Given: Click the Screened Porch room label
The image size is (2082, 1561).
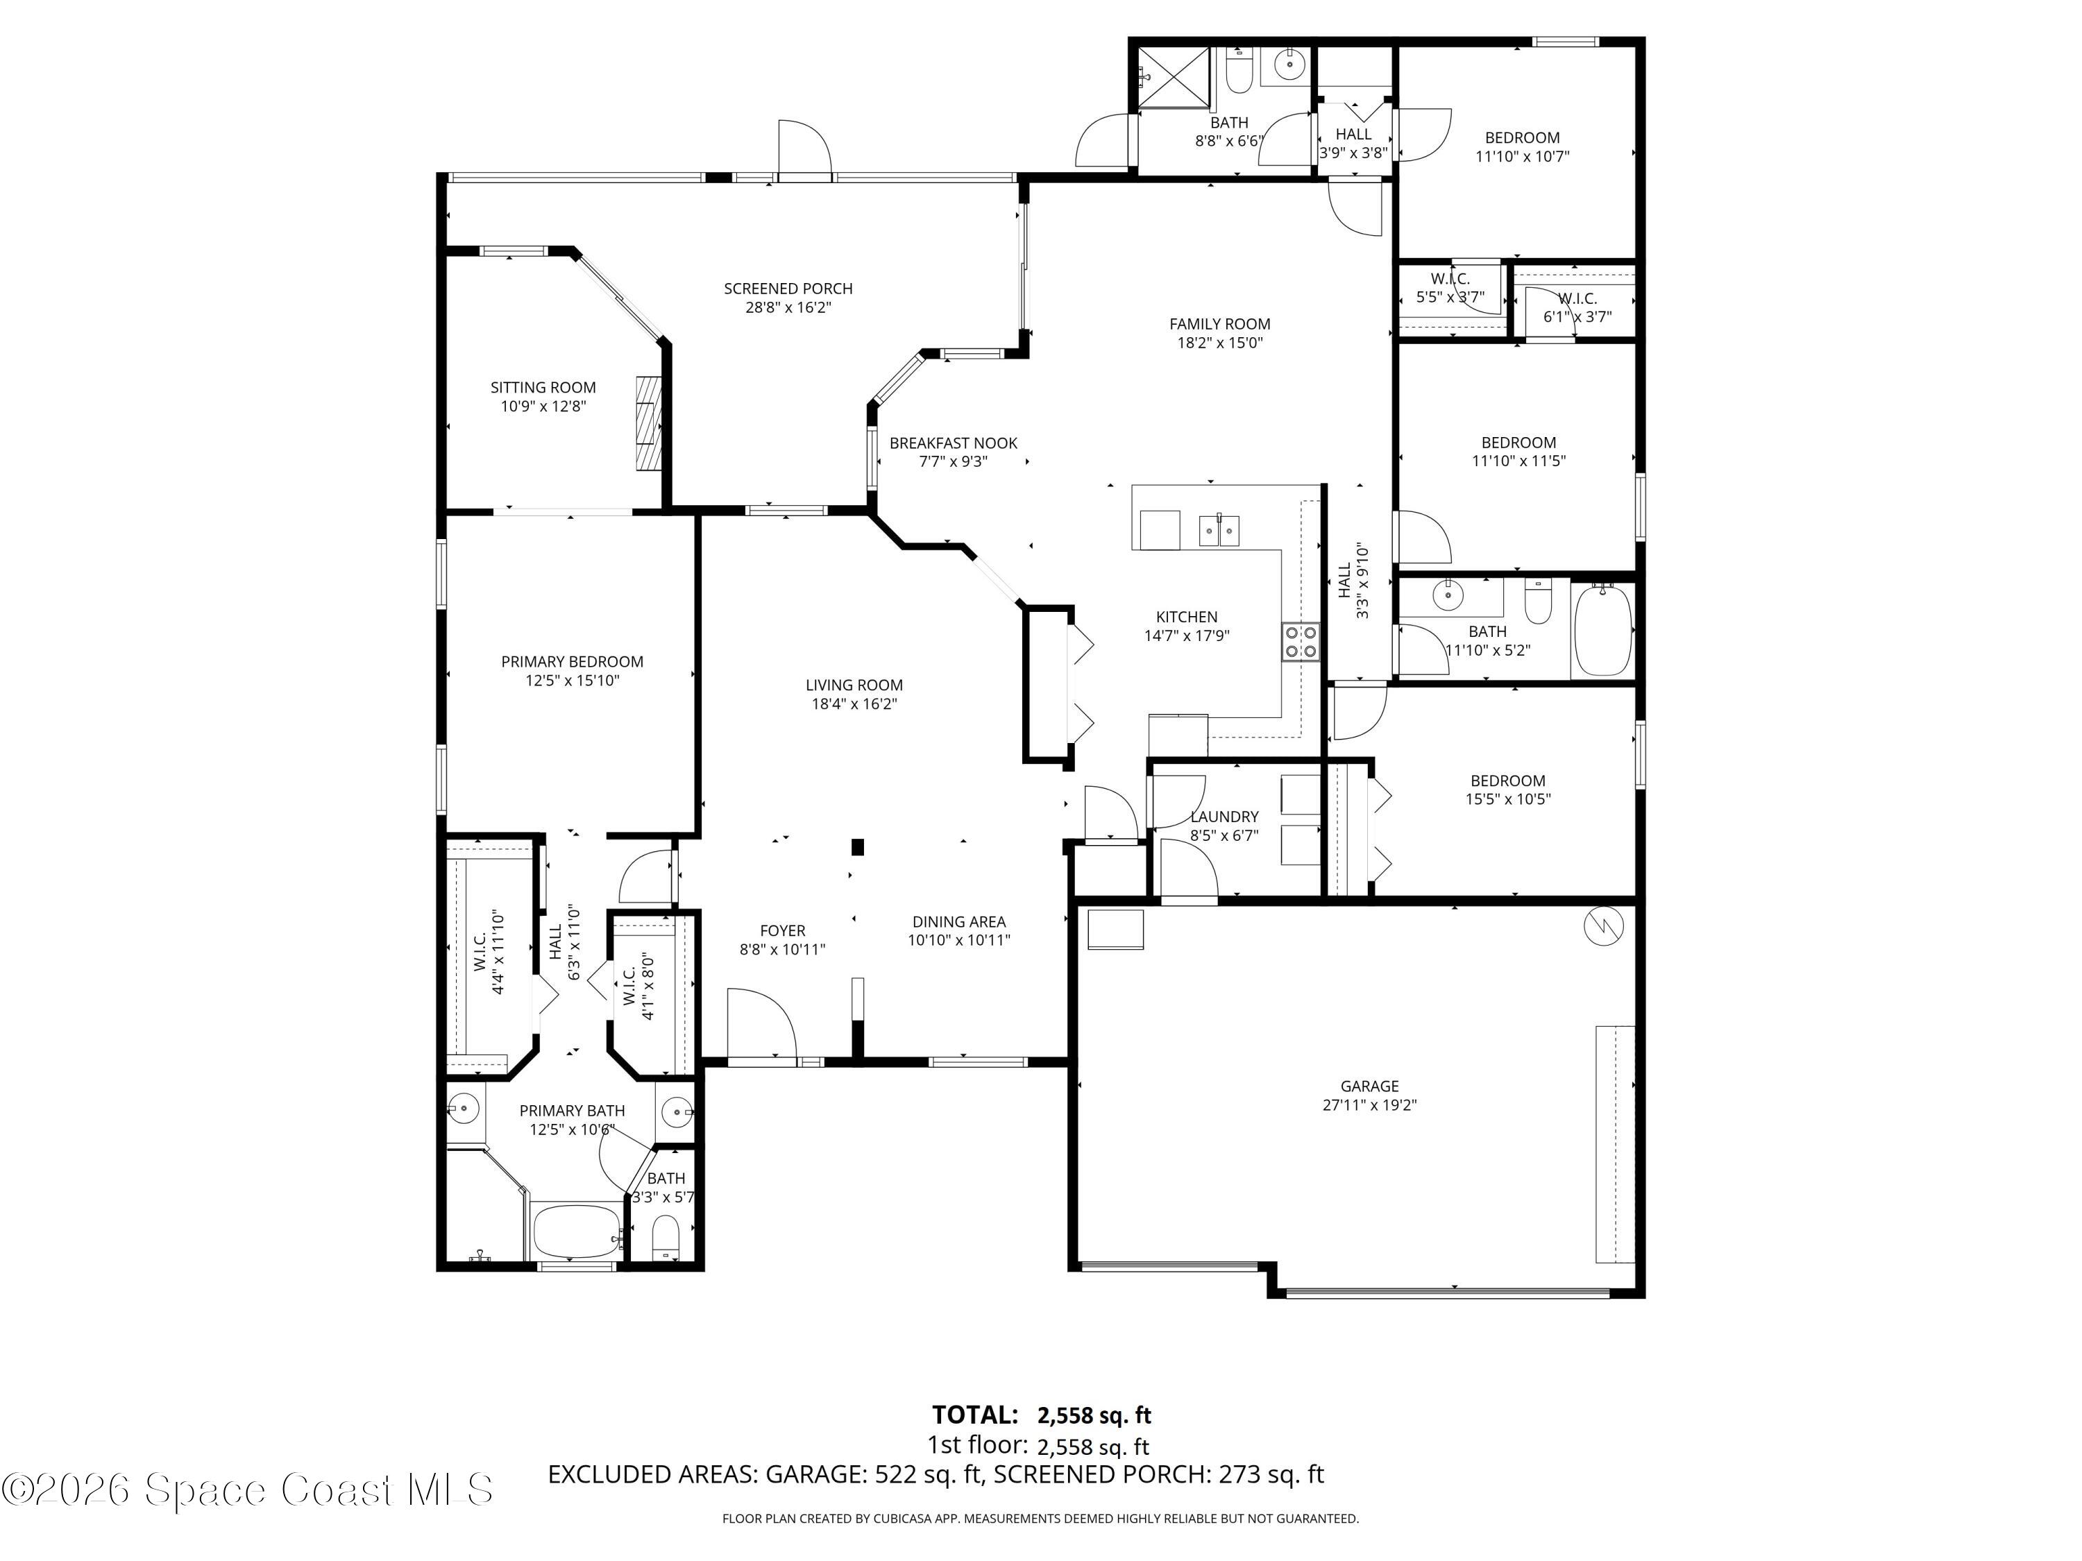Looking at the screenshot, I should tap(788, 289).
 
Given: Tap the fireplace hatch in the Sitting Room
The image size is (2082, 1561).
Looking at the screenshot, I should tap(648, 423).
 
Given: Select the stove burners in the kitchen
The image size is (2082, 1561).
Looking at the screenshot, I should tap(1301, 642).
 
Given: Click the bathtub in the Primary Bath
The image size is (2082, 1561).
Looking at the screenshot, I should tap(575, 1231).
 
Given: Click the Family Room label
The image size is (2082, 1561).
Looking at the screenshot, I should tap(1220, 324).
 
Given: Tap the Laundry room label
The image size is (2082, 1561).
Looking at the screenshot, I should tap(1224, 817).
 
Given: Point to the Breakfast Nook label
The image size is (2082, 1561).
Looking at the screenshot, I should tap(954, 443).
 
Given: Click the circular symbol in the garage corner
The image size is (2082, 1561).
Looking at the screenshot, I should tap(1604, 927).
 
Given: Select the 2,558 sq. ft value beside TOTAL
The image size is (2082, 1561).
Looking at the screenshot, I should tap(1094, 1415).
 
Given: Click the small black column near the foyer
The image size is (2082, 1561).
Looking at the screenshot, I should tap(858, 847).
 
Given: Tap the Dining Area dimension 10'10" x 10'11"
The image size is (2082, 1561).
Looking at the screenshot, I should tap(958, 940).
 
